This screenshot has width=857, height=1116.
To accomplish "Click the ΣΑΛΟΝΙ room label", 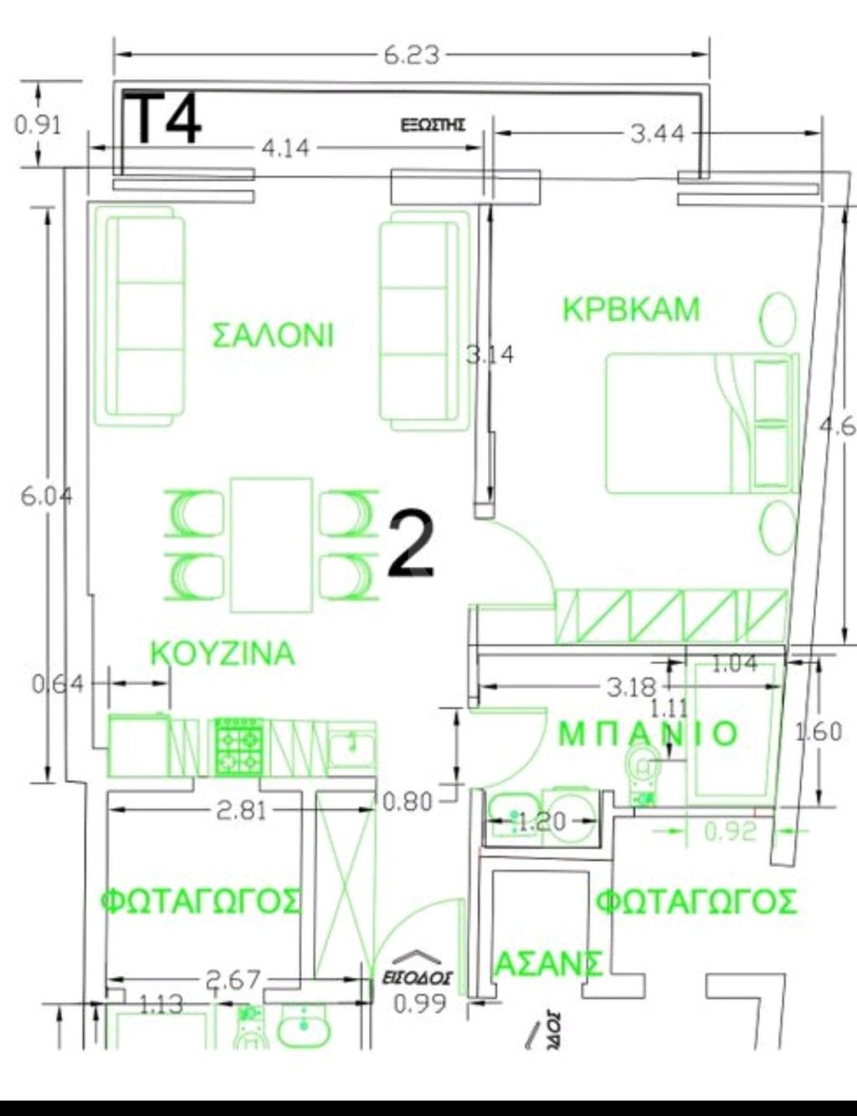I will (273, 335).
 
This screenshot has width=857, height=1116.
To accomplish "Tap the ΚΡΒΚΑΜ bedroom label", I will (631, 310).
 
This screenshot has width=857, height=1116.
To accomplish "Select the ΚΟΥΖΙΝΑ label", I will (223, 653).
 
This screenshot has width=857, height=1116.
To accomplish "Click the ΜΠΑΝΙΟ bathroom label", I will (648, 735).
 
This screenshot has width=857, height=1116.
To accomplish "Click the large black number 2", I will (411, 545).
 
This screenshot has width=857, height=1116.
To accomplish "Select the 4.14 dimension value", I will (285, 148).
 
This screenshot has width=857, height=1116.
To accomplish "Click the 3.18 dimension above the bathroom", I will (631, 688).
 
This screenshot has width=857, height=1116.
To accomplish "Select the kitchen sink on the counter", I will (352, 744).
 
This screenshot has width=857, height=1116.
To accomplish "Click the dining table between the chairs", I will (272, 544).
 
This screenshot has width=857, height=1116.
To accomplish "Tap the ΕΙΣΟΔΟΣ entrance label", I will (418, 976).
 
